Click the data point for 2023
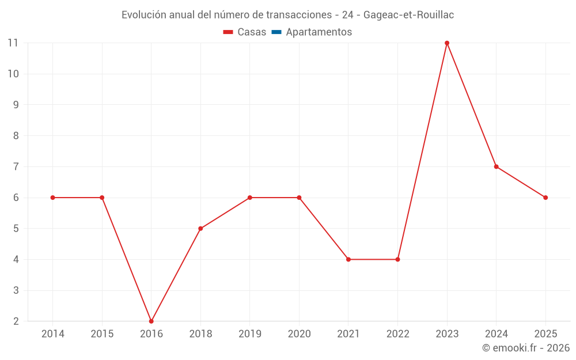[447, 43]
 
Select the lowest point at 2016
[151, 321]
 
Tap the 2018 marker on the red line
[200, 229]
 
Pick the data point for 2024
[497, 167]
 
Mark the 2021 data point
[348, 259]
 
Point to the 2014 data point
[53, 198]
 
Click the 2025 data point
[545, 198]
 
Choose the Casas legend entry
[245, 32]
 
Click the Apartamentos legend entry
[312, 32]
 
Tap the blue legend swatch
[276, 32]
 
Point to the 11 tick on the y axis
[13, 43]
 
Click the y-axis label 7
[16, 167]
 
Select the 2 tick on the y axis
[16, 321]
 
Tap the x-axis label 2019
[250, 334]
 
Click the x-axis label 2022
[398, 334]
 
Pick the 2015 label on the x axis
[102, 334]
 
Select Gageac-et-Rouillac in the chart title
[408, 15]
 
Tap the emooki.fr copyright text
[526, 347]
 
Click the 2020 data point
[299, 198]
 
